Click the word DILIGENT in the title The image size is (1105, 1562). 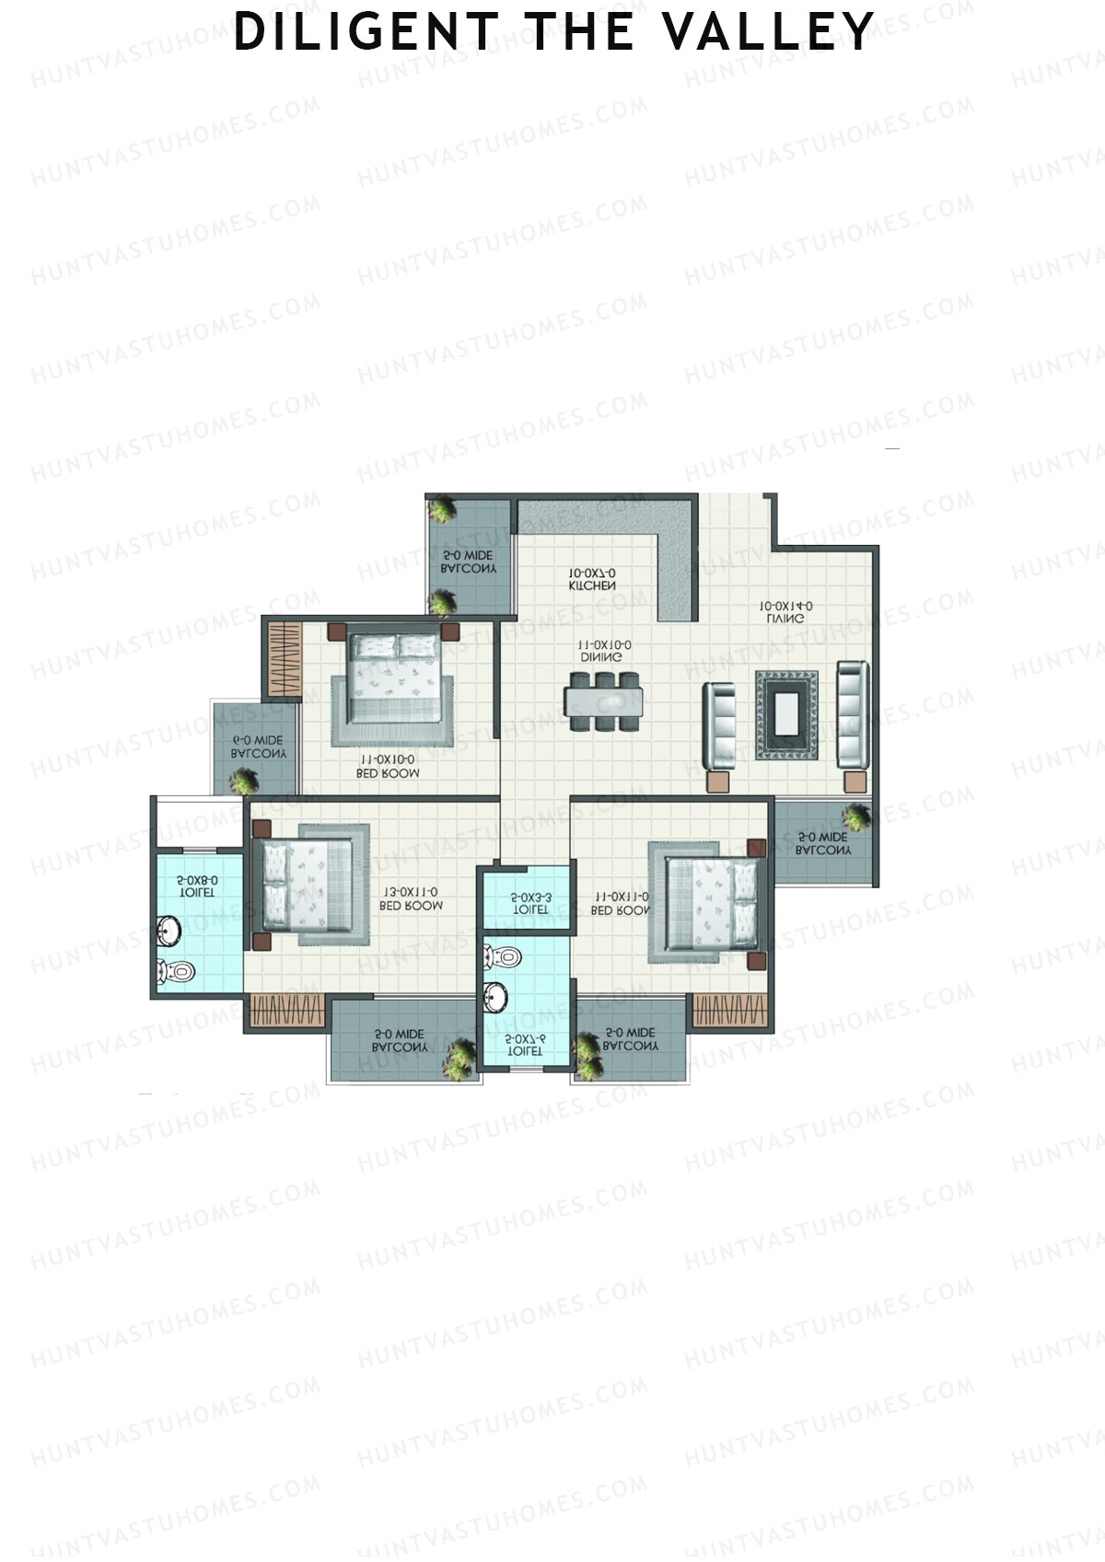coord(366,31)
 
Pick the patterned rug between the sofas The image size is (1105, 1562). coord(786,715)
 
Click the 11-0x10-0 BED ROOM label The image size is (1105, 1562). coord(387,767)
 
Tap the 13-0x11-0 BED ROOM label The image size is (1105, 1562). coord(411,898)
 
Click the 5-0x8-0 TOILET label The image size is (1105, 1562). coord(197,886)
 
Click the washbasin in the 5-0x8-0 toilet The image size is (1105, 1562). coord(169,931)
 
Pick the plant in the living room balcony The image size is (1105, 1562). coord(855,816)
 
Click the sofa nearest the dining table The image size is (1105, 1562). coord(718,726)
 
